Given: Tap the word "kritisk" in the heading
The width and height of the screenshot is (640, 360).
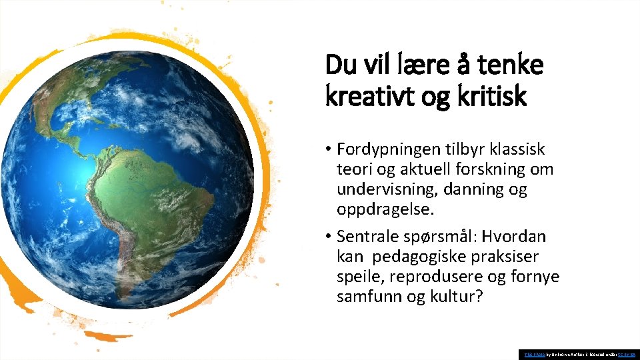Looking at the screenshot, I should pos(493,96).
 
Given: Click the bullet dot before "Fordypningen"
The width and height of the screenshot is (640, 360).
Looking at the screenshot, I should pos(329,149).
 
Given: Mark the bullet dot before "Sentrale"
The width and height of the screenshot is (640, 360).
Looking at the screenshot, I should pos(329,237).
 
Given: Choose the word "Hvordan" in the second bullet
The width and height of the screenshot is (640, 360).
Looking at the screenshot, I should pos(513,236).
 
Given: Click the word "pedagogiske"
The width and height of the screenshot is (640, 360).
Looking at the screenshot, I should pos(417,256).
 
